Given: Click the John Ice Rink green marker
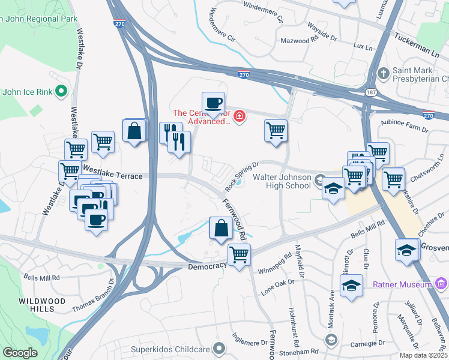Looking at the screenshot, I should pyautogui.click(x=61, y=92).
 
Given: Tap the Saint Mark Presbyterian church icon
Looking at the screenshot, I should pyautogui.click(x=384, y=73).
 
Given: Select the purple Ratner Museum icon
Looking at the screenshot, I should pyautogui.click(x=441, y=284).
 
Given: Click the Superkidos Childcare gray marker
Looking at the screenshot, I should pyautogui.click(x=220, y=347).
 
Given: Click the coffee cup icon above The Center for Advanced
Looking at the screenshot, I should pyautogui.click(x=213, y=103).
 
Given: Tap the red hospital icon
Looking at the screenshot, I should pyautogui.click(x=240, y=116).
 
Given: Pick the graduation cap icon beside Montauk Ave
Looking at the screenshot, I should pyautogui.click(x=351, y=286).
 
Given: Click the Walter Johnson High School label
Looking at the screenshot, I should pyautogui.click(x=282, y=181).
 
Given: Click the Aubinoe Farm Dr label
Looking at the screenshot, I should pyautogui.click(x=404, y=125).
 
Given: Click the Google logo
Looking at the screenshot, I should pyautogui.click(x=20, y=352).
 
